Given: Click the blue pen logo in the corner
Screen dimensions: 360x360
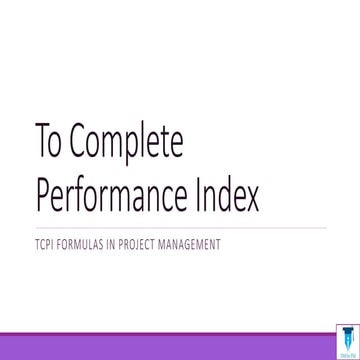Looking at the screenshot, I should pos(347,342).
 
